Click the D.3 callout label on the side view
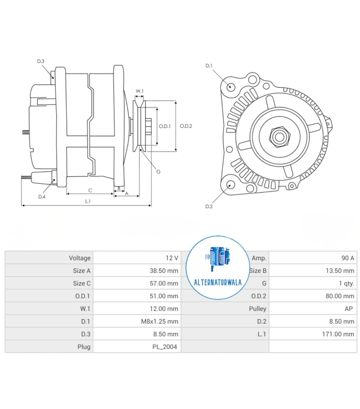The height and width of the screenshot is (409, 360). pyautogui.click(x=41, y=61)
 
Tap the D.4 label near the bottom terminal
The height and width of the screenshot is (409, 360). pyautogui.click(x=42, y=197)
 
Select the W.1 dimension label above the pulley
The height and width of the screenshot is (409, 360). pyautogui.click(x=140, y=91)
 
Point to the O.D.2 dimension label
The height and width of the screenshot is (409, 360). pyautogui.click(x=186, y=126)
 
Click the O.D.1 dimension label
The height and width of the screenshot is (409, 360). pyautogui.click(x=165, y=126)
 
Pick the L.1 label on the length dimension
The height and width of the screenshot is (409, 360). pyautogui.click(x=88, y=201)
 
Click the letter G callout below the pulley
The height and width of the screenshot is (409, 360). pyautogui.click(x=158, y=171)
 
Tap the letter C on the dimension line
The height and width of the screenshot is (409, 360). pyautogui.click(x=90, y=190)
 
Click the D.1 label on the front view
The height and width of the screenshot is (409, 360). pyautogui.click(x=209, y=66)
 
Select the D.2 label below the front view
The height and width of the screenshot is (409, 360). pyautogui.click(x=209, y=206)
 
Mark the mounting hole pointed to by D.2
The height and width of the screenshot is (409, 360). pyautogui.click(x=230, y=185)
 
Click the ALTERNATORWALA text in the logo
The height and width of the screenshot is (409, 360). pyautogui.click(x=218, y=282)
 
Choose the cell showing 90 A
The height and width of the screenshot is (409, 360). pyautogui.click(x=348, y=258)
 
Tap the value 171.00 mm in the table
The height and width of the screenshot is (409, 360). pyautogui.click(x=338, y=334)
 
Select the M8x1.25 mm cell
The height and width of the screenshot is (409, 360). pyautogui.click(x=160, y=321)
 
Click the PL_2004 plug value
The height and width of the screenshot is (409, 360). pyautogui.click(x=165, y=347)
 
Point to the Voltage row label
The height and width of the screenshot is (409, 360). pyautogui.click(x=80, y=258)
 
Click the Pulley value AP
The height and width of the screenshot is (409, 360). pyautogui.click(x=349, y=309)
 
